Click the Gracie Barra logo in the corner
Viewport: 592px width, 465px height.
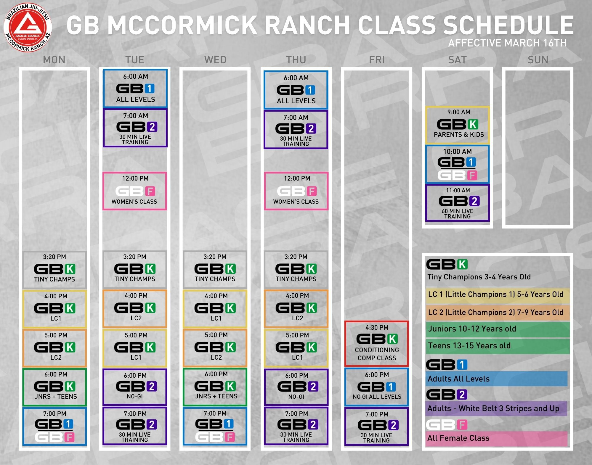click(28, 28)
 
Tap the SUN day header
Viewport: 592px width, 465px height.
click(538, 60)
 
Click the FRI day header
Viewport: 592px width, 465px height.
click(377, 60)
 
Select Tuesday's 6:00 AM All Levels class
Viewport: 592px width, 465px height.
click(135, 89)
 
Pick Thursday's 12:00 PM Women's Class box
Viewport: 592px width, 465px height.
click(296, 191)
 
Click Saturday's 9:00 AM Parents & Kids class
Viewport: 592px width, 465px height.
click(458, 125)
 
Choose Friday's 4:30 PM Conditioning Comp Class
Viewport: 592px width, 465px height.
click(376, 344)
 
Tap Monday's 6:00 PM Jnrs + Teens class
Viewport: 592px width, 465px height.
click(55, 387)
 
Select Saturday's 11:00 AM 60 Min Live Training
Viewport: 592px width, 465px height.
click(458, 203)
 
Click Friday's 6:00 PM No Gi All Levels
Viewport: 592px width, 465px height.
click(376, 387)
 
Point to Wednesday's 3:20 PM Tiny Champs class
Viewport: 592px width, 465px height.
click(215, 270)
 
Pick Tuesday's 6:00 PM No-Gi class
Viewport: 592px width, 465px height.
click(135, 387)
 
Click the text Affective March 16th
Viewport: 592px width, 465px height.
click(507, 43)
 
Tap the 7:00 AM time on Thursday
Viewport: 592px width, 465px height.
click(296, 118)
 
